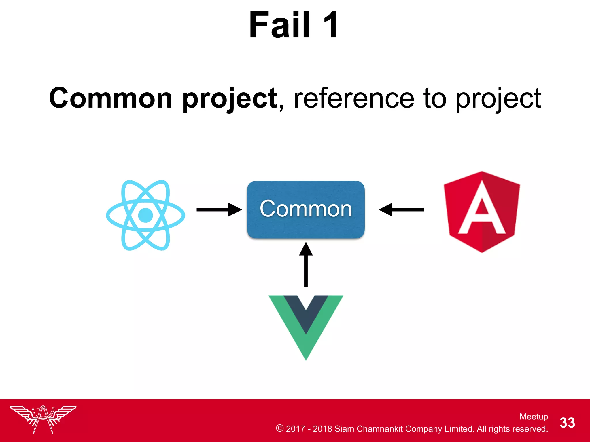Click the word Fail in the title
(279, 25)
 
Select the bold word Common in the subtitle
(111, 98)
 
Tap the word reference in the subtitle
(354, 98)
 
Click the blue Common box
(306, 209)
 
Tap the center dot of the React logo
(145, 215)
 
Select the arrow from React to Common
(219, 209)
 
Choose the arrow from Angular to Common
(401, 209)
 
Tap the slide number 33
(567, 423)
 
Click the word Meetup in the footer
(534, 416)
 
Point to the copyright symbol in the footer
(279, 428)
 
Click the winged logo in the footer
(43, 419)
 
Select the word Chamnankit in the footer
(379, 429)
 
